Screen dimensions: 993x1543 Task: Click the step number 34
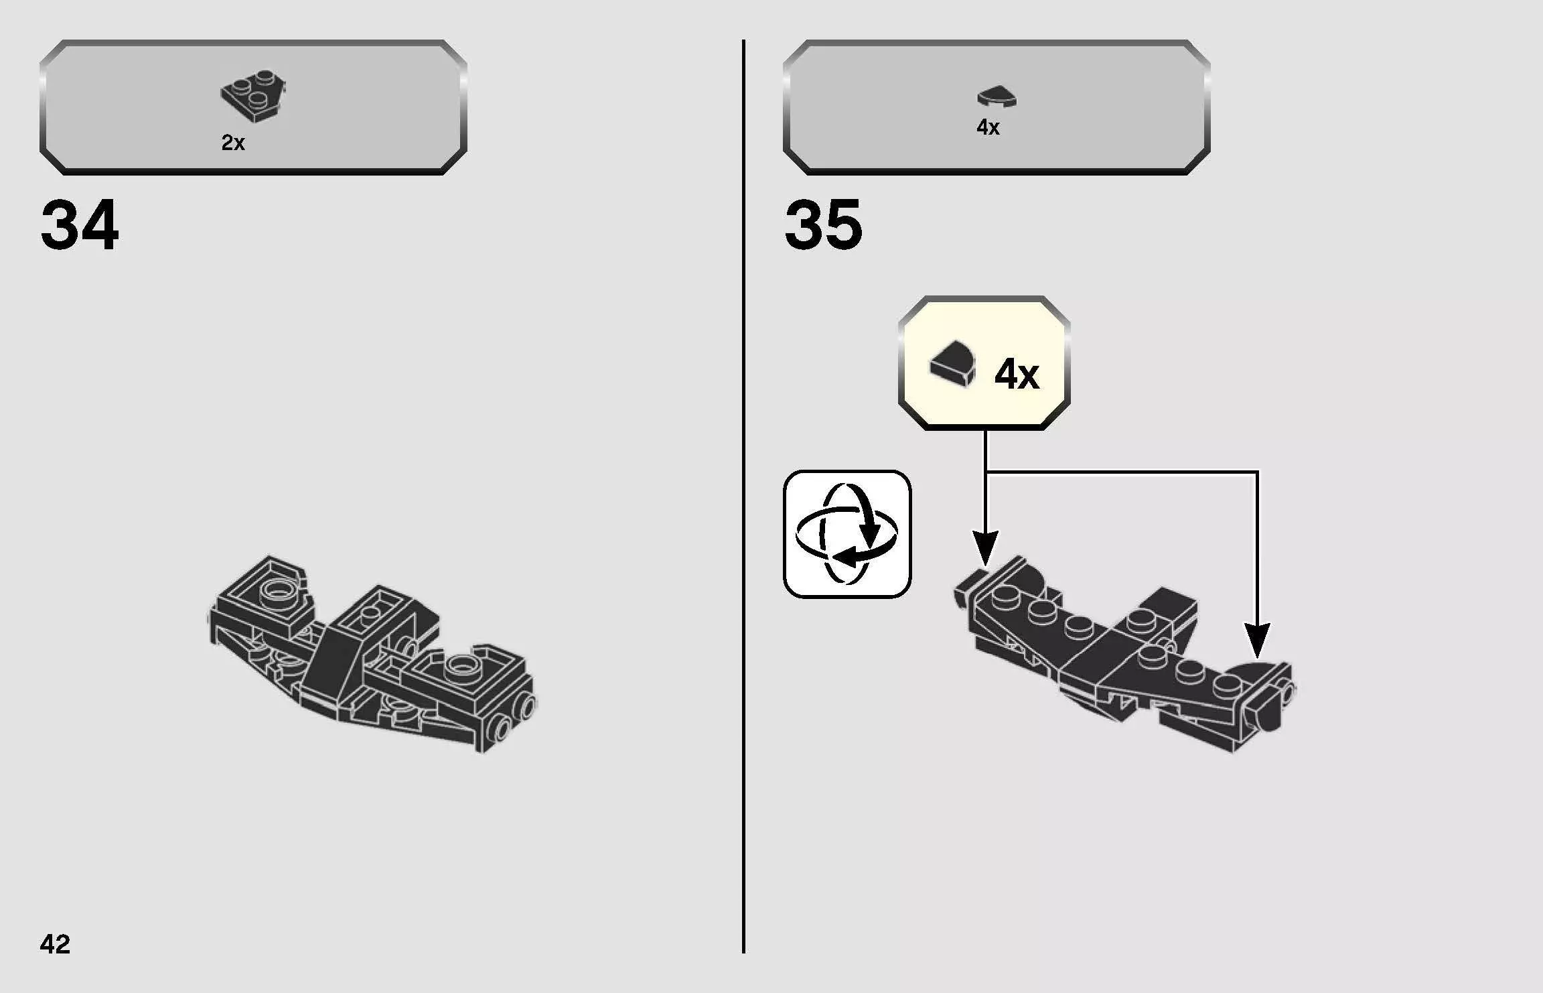pos(80,225)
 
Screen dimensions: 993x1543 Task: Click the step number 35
pos(823,225)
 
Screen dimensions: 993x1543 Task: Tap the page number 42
pos(55,944)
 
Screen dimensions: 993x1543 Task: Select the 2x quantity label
pos(233,143)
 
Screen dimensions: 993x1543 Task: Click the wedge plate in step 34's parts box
pos(253,95)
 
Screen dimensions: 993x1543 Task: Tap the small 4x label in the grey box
pos(988,127)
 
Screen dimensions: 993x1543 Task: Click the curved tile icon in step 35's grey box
pos(997,97)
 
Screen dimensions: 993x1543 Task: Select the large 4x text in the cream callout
pos(1017,374)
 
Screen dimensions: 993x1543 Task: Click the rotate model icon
pos(847,534)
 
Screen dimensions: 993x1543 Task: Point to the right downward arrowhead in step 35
pos(1257,640)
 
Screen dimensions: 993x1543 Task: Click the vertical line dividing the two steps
pos(743,496)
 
